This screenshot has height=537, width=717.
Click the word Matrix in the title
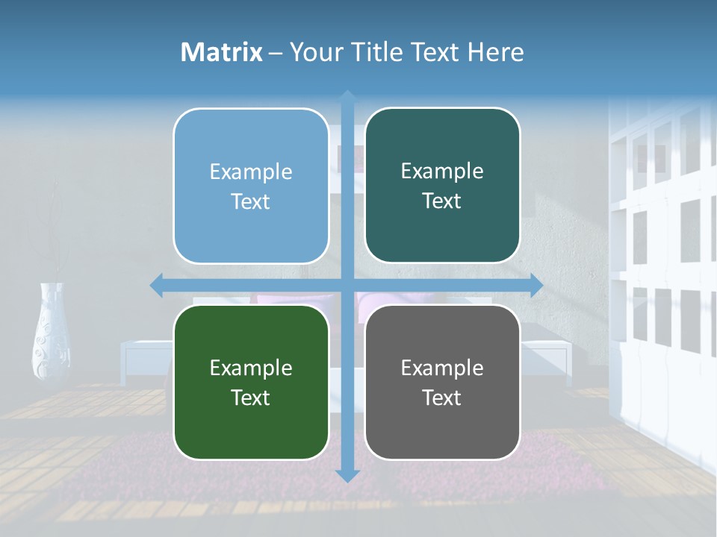222,52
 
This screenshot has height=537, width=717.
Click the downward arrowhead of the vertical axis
347,476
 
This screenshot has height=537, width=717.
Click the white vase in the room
52,332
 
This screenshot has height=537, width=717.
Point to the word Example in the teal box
442,172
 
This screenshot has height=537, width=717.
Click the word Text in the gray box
442,398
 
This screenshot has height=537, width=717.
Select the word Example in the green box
251,368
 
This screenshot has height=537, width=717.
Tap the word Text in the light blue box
251,202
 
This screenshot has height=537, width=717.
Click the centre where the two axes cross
347,285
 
